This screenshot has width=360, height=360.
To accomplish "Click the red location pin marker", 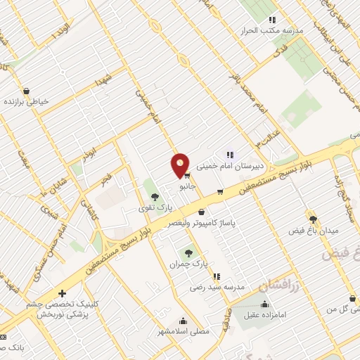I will pos(180,165).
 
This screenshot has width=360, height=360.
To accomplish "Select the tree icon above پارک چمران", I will pos(188,252).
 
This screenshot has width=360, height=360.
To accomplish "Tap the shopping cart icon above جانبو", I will pos(187,176).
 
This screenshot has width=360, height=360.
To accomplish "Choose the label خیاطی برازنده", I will pos(27,101).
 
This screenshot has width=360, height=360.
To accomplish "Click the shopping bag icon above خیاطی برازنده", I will pos(27,91).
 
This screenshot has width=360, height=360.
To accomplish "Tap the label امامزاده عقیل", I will pos(264,316).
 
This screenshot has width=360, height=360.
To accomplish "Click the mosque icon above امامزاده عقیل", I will pos(264,304).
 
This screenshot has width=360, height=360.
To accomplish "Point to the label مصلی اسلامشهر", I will pos(167,330).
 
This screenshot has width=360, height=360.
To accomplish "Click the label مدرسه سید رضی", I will pos(217,288).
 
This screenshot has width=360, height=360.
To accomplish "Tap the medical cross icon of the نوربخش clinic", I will pos(63,294).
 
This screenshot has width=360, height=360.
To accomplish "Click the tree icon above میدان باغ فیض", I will pos(314,219).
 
